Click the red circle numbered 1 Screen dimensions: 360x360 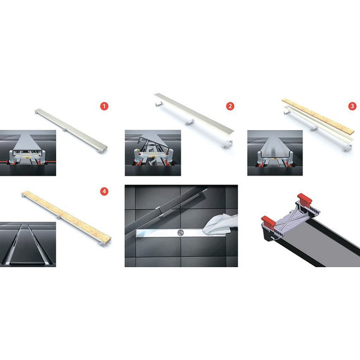point(104,106)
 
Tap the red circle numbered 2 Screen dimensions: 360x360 point(230,106)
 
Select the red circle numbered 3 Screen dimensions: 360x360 point(352,106)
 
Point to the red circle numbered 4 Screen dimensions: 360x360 point(104,191)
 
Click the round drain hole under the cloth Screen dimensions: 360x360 point(181,232)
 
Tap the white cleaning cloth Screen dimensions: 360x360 point(220,224)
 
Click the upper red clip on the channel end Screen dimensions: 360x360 point(304,199)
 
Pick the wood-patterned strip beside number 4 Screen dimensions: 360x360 point(66,216)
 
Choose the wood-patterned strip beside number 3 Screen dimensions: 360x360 point(318,116)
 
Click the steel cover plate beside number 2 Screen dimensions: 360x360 point(194,114)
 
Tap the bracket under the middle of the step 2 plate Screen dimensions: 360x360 point(189,123)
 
